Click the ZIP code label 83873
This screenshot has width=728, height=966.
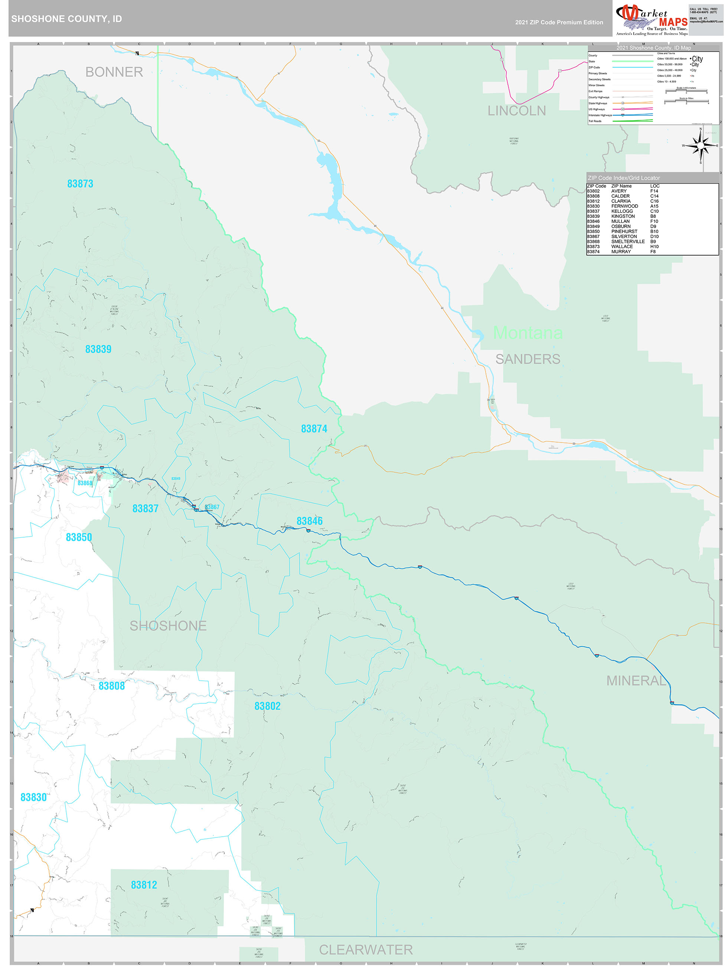pos(80,184)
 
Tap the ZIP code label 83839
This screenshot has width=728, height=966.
pos(98,349)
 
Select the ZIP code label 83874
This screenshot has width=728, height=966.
pos(314,429)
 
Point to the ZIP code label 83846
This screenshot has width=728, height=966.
pos(310,521)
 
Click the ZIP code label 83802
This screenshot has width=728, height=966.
pos(267,706)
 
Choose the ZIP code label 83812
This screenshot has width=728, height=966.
pos(144,885)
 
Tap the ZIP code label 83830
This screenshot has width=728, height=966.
pos(33,797)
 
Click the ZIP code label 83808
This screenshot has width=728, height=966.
pos(111,686)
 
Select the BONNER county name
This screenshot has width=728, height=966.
pos(114,72)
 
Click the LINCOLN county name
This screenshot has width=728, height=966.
pos(516,111)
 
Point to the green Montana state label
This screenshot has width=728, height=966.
pos(527,333)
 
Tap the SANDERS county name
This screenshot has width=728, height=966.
pos(527,359)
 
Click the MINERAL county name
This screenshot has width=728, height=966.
pos(636,680)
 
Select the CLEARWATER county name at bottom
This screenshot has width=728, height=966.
pos(365,949)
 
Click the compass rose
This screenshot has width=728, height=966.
pos(700,145)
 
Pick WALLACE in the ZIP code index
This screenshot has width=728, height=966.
pos(621,247)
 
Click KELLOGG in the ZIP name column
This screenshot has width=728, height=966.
pos(621,211)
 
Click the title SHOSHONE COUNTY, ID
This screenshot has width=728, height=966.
pos(66,19)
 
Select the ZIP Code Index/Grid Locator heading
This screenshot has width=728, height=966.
pos(623,178)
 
